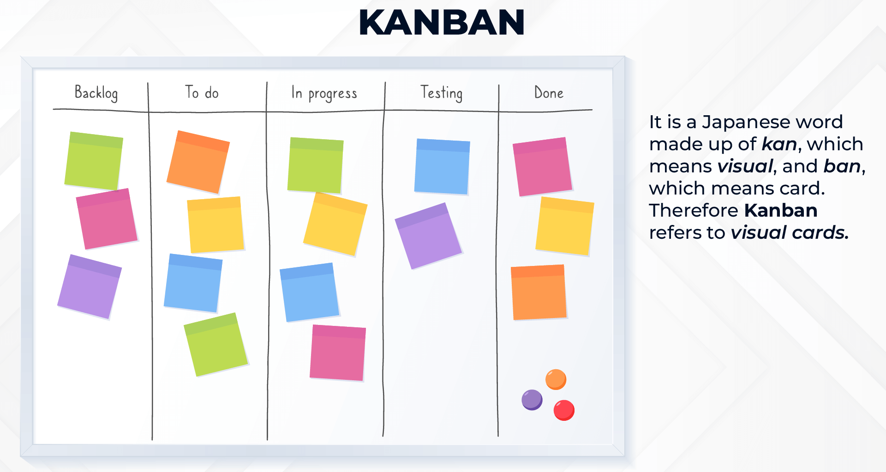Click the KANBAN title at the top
point(442,23)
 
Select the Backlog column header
point(96,93)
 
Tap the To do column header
point(202,93)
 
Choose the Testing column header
point(441,93)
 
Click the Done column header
point(549,93)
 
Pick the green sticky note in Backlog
point(94,161)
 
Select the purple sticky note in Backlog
point(90,286)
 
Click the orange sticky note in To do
point(198,162)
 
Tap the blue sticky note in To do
point(193,283)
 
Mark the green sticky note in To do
point(216,344)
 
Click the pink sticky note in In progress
point(338,353)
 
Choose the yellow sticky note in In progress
point(335,224)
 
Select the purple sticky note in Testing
point(428,236)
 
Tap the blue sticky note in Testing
point(442,166)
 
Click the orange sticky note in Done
point(539,292)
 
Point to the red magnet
point(564,410)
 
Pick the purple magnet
point(532,399)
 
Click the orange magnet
point(556,379)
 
